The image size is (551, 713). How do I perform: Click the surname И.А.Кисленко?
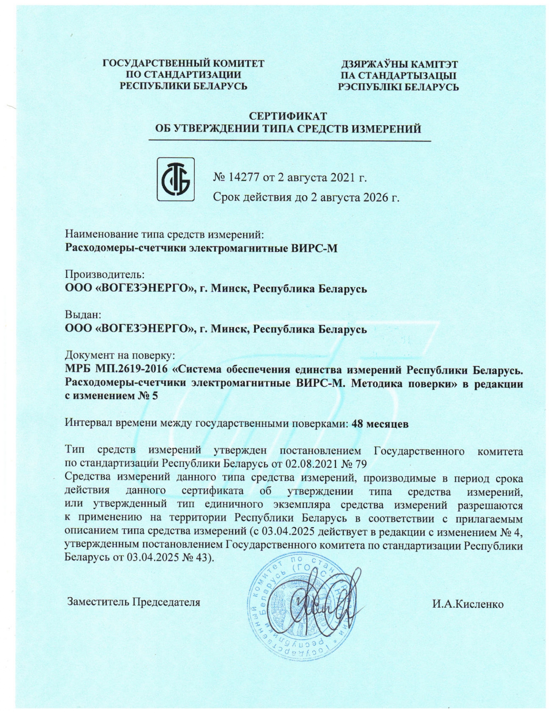tap(468, 604)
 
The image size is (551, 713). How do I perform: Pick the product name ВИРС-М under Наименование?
tap(318, 248)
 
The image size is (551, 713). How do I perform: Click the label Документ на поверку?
tap(120, 355)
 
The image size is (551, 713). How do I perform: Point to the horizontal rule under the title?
tap(289, 140)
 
